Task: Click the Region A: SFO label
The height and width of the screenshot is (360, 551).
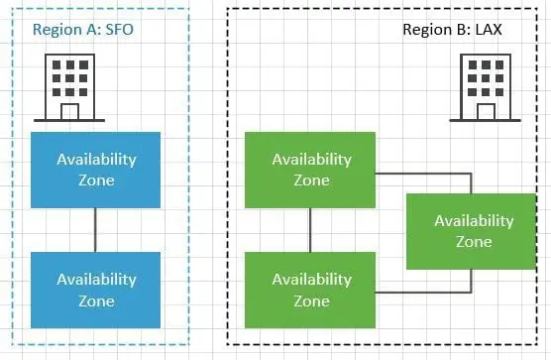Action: coord(83,30)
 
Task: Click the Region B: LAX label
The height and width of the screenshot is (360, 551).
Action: coord(452,30)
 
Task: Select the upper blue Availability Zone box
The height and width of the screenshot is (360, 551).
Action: coord(96,170)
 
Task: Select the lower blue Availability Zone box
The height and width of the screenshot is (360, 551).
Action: coord(96,290)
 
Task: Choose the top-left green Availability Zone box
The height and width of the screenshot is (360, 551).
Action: coord(310,170)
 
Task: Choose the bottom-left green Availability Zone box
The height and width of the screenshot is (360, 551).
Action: coord(310,290)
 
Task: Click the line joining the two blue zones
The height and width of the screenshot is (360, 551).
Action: coord(96,229)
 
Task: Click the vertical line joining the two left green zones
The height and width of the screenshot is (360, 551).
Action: coord(310,229)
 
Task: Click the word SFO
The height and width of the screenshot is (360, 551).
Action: coord(117,30)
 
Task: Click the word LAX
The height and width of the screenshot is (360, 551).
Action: coord(488,30)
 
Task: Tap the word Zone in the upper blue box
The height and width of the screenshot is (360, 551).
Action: coord(96,180)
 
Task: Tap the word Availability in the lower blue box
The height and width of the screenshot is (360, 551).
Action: coord(96,280)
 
